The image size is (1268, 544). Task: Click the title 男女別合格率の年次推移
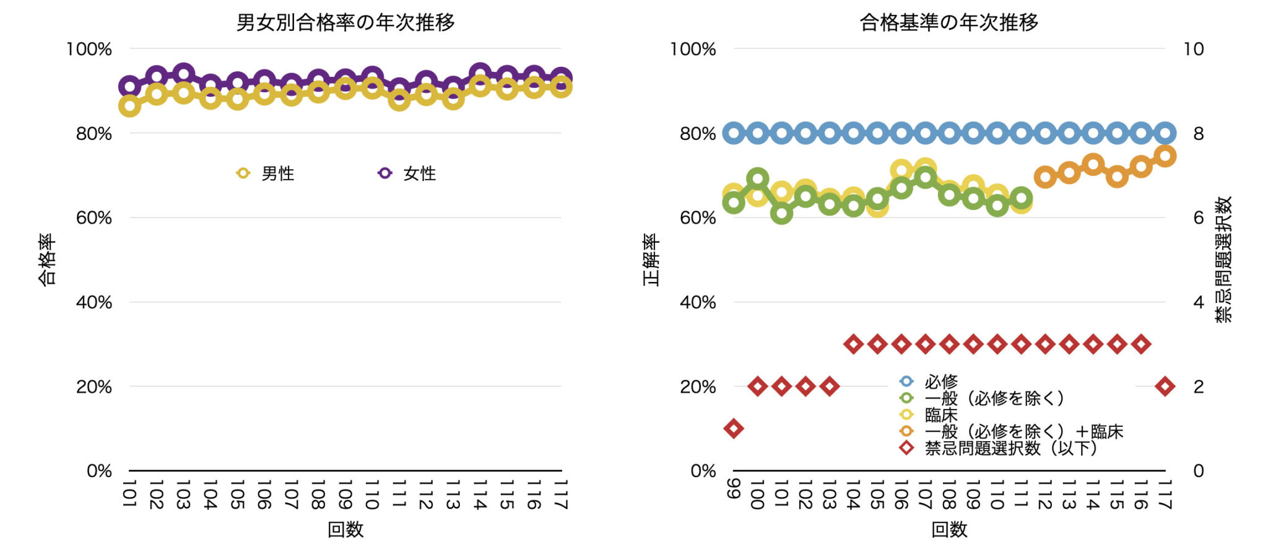click(x=345, y=22)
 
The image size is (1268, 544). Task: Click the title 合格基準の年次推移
click(x=949, y=22)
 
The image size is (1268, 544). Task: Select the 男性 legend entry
click(x=266, y=173)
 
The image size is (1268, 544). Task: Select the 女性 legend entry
click(x=408, y=173)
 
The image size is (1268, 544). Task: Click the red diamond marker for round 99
click(x=734, y=428)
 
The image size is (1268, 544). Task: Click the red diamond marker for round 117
click(x=1165, y=387)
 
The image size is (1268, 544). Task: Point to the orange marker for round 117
click(x=1165, y=156)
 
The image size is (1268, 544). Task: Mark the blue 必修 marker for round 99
click(x=734, y=133)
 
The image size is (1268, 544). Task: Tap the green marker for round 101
click(x=782, y=214)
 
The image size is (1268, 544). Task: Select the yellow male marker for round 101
click(x=129, y=106)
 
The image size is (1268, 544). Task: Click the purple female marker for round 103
click(x=183, y=74)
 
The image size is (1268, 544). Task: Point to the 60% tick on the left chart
click(x=93, y=217)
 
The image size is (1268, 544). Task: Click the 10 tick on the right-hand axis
click(x=1193, y=49)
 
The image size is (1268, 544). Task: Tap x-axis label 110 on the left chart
click(x=371, y=494)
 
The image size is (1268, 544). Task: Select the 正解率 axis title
click(x=651, y=260)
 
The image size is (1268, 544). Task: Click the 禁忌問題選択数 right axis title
click(x=1223, y=260)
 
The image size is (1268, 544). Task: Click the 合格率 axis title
click(x=47, y=260)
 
